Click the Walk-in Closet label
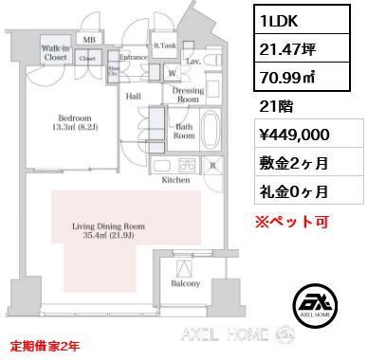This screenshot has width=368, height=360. tap(54, 53)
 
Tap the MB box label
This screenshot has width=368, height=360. tap(88, 39)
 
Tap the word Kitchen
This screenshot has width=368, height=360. tap(177, 178)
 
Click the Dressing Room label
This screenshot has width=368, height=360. tap(189, 95)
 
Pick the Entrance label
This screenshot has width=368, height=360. tap(132, 58)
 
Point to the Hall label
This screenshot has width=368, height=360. tap(135, 95)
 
